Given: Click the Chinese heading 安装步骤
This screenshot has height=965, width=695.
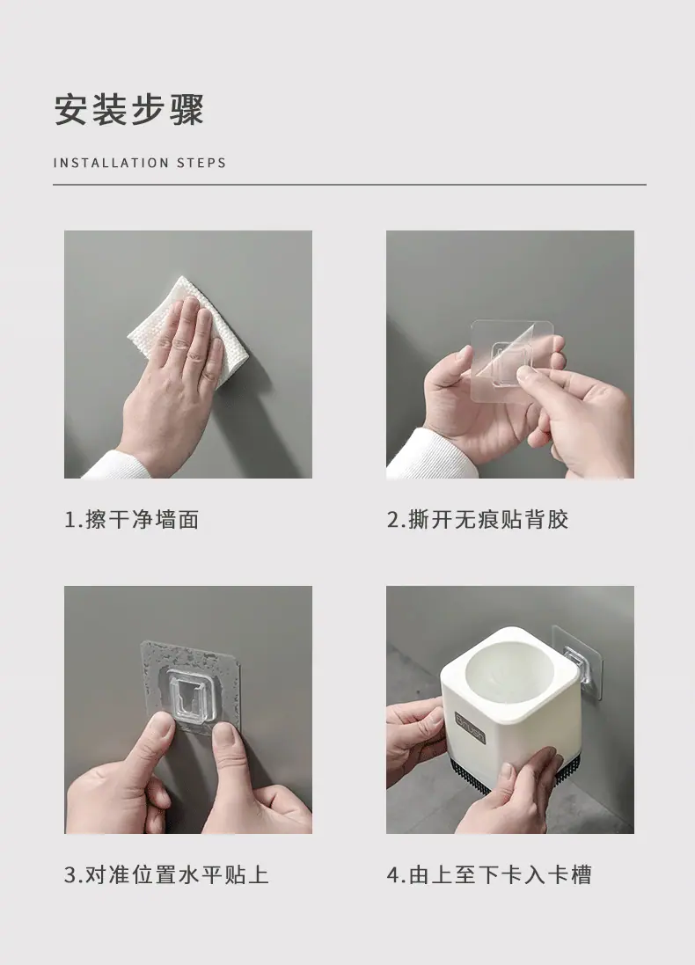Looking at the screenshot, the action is (128, 110).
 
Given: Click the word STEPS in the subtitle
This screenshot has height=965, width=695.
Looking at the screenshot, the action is (201, 163).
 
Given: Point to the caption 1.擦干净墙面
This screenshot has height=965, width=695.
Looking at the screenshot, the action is (132, 519).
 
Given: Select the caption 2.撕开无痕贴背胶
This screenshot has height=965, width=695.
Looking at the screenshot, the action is (477, 519).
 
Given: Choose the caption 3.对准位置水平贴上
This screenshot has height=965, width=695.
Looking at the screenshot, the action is (166, 874).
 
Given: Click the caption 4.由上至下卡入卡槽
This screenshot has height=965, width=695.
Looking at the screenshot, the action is (489, 874).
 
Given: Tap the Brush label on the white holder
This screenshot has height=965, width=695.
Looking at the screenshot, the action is (471, 727).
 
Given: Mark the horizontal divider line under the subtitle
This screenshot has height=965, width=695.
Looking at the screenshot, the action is (349, 184).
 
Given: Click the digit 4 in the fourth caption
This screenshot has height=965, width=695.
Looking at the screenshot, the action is (393, 875).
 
